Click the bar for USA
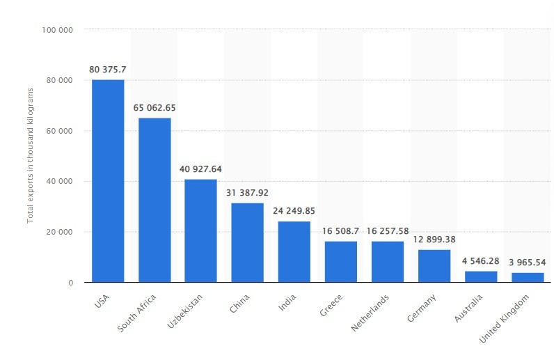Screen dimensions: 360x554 [x=108, y=181]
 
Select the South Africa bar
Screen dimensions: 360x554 [x=155, y=200]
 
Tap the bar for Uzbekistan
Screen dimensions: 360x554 [x=200, y=230]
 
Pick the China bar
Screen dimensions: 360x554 [x=247, y=242]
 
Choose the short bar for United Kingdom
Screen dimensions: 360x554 [x=527, y=277]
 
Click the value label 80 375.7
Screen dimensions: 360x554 [x=108, y=69]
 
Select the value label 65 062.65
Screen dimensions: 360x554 [x=155, y=108]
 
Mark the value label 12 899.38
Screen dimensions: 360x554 [x=434, y=240]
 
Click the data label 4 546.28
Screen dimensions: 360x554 [x=480, y=261]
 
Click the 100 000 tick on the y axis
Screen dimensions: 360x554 [x=58, y=30]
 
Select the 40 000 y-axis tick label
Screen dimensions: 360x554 [x=61, y=182]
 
